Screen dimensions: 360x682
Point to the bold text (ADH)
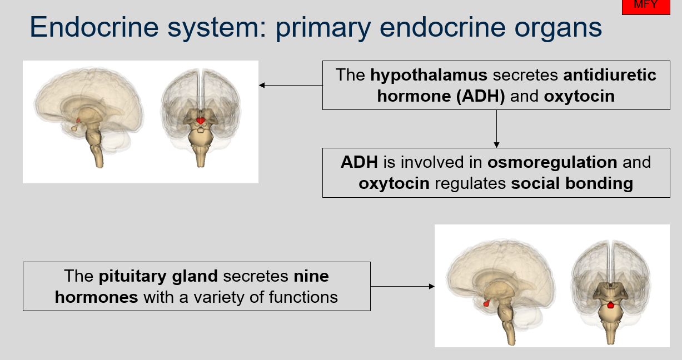pos(480,96)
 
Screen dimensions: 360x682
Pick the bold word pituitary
pos(132,276)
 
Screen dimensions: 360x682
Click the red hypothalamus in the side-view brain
pos(78,120)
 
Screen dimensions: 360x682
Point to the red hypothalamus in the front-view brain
pos(201,120)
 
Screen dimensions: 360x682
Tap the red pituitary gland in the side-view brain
pos(486,303)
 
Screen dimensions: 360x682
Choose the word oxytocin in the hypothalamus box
pos(579,96)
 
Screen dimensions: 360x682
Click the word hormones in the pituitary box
pos(96,297)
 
